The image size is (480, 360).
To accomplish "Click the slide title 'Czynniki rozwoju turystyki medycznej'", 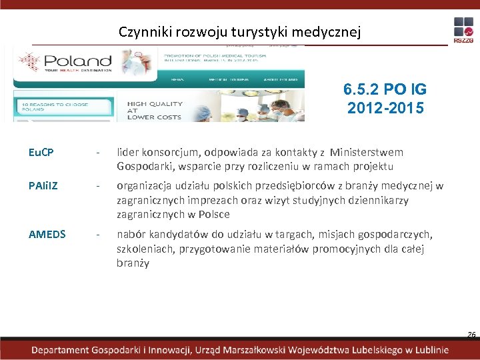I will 240,31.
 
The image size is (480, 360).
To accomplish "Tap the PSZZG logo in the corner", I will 463,31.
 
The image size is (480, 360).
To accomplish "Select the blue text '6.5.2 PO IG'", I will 385,90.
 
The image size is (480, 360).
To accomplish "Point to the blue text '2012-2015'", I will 385,107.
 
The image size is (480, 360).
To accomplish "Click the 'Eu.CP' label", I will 41,152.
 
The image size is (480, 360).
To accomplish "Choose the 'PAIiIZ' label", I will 43,186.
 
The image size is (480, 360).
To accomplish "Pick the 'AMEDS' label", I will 47,234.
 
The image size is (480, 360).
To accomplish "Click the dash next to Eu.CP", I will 99,152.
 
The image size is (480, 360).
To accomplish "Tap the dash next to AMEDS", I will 99,234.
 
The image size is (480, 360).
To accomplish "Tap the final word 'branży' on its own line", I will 133,263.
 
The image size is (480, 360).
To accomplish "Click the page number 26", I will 471,335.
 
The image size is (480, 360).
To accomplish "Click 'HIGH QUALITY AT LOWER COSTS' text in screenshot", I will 155,111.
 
